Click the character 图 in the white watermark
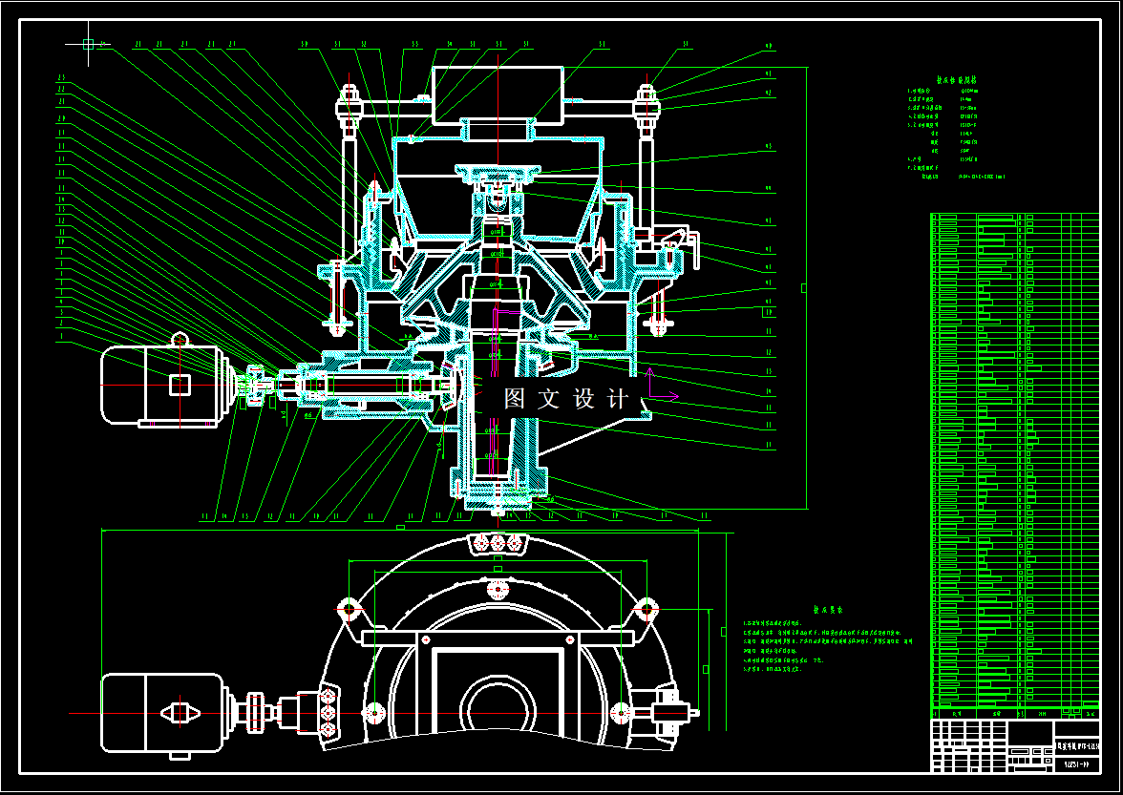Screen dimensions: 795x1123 tap(516, 399)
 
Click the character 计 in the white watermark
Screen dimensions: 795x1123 tap(617, 399)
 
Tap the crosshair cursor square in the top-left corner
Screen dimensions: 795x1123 tap(88, 44)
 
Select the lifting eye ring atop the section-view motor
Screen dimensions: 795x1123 tap(180, 339)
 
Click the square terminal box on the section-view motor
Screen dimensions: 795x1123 tap(180, 385)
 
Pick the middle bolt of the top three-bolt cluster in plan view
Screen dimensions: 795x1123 tap(497, 543)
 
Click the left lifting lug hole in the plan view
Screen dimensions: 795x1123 tap(348, 608)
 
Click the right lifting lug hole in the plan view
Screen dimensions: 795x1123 tap(647, 608)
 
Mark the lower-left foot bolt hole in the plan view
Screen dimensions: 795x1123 tap(372, 712)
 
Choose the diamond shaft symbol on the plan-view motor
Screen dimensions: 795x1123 tap(179, 712)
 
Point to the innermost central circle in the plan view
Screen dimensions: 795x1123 tap(497, 706)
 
